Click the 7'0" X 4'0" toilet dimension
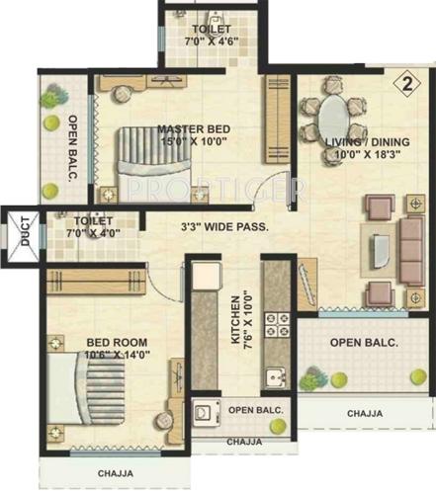pos(90,233)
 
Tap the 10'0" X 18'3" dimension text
pos(361,155)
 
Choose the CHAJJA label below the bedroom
pos(116,473)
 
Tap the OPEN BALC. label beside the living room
pos(363,343)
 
